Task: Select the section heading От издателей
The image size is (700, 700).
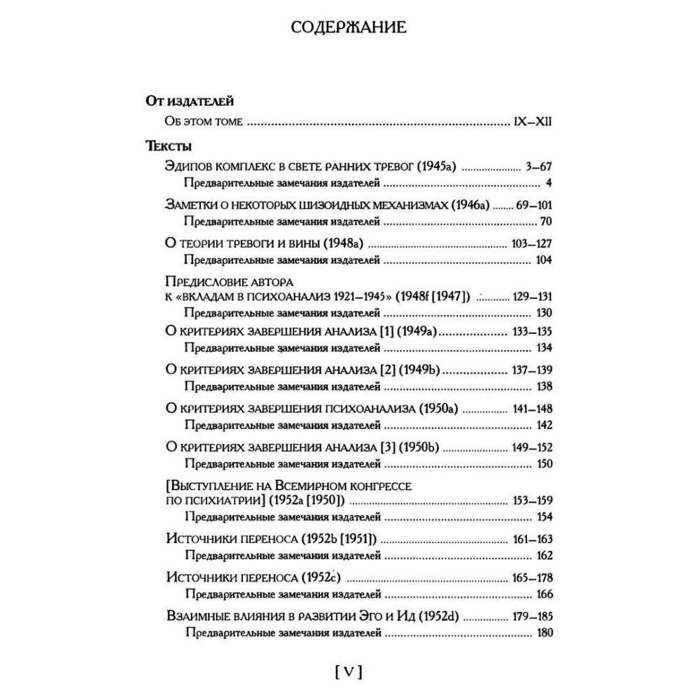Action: pyautogui.click(x=184, y=101)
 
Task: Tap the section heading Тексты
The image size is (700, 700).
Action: pyautogui.click(x=169, y=146)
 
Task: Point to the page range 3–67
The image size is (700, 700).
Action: pyautogui.click(x=538, y=167)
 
